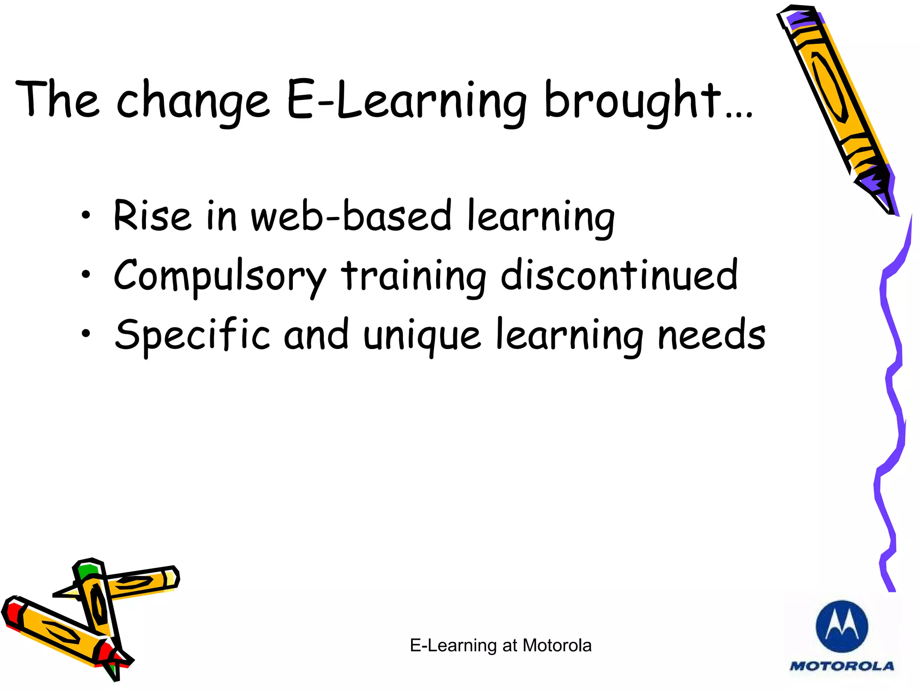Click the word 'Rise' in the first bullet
[152, 216]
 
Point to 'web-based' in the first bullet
[351, 216]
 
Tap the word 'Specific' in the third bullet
[192, 335]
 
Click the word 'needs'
[712, 335]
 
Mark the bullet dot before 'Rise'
[86, 216]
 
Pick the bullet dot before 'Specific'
[86, 333]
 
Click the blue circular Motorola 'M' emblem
[841, 626]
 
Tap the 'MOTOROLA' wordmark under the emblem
[842, 666]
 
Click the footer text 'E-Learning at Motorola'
[500, 646]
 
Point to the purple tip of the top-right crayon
[876, 184]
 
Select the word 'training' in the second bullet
[413, 276]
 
